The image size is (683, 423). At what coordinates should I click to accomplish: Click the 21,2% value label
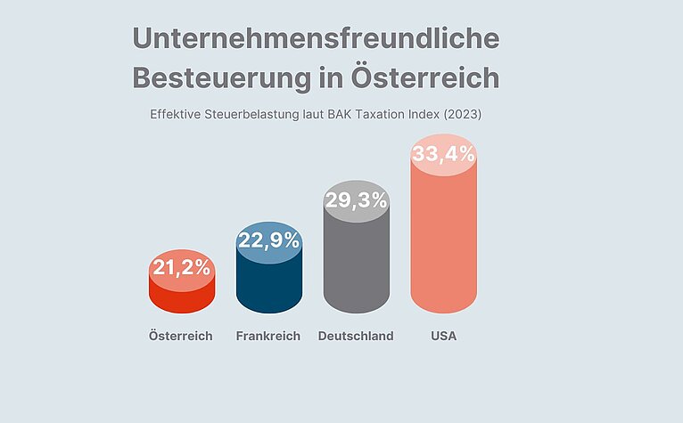(181, 267)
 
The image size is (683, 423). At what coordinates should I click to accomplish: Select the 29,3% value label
(356, 200)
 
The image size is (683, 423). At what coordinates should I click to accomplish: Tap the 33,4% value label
(443, 156)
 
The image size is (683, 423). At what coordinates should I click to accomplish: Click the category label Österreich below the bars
(181, 337)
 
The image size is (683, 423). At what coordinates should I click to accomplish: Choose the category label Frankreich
(268, 337)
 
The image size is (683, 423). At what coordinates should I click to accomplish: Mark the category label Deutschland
(356, 337)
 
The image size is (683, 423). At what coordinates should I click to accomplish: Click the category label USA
(443, 337)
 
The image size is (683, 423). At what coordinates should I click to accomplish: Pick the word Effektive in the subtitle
(177, 115)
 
